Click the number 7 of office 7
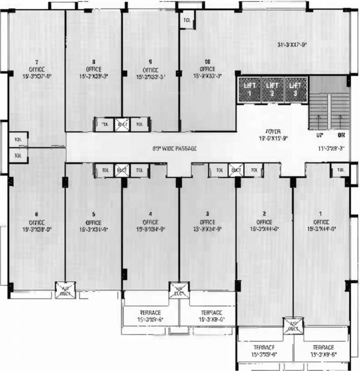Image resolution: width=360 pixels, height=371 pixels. click(x=37, y=62)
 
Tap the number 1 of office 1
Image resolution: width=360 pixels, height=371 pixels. click(x=320, y=214)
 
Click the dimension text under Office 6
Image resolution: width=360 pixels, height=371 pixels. click(x=37, y=229)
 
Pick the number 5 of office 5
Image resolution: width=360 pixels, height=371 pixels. click(x=94, y=214)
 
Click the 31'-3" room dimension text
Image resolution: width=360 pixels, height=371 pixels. click(x=292, y=44)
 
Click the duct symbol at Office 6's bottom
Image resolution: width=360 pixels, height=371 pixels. click(x=63, y=290)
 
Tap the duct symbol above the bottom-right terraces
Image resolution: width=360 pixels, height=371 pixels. click(x=292, y=326)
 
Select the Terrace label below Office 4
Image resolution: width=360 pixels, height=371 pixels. click(x=150, y=312)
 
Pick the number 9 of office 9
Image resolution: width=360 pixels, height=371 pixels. click(x=151, y=62)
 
